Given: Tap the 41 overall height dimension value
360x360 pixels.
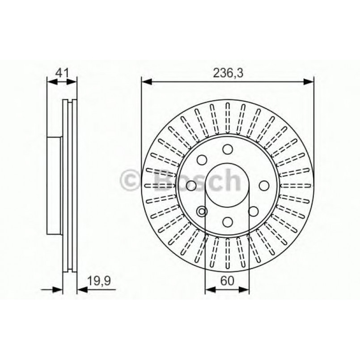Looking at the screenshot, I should [x=62, y=72].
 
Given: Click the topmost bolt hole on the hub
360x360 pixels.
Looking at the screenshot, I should [x=227, y=149].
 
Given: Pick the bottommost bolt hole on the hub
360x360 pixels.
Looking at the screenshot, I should [x=227, y=221].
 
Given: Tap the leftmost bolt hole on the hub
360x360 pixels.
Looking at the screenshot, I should [x=191, y=185].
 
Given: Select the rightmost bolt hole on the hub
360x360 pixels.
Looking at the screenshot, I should [x=263, y=185].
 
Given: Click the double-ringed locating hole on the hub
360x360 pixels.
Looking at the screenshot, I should [x=202, y=212].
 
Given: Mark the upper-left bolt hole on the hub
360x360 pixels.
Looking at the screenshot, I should [x=202, y=160].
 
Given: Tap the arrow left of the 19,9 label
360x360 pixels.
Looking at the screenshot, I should [x=57, y=290].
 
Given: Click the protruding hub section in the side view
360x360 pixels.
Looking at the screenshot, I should [x=54, y=185].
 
